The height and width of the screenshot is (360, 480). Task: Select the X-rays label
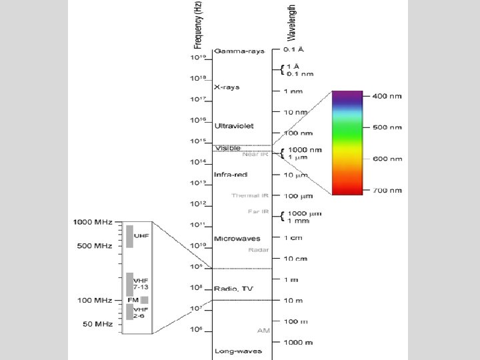[227, 87]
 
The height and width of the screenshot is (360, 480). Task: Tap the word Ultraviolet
[233, 125]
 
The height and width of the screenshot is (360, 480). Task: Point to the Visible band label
[227, 147]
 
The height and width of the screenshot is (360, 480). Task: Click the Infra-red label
[231, 175]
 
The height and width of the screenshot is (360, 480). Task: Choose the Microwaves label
[237, 238]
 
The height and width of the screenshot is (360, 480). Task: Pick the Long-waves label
[238, 351]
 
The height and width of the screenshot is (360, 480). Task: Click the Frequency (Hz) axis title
[198, 25]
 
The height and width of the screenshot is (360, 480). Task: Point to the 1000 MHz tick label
[93, 221]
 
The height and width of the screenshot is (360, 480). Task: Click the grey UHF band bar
[130, 236]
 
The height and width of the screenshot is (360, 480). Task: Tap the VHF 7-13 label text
[141, 284]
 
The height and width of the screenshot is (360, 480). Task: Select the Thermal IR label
[250, 195]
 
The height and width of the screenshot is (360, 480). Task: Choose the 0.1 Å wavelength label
[295, 49]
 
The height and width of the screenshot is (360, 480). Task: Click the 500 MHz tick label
[95, 246]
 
